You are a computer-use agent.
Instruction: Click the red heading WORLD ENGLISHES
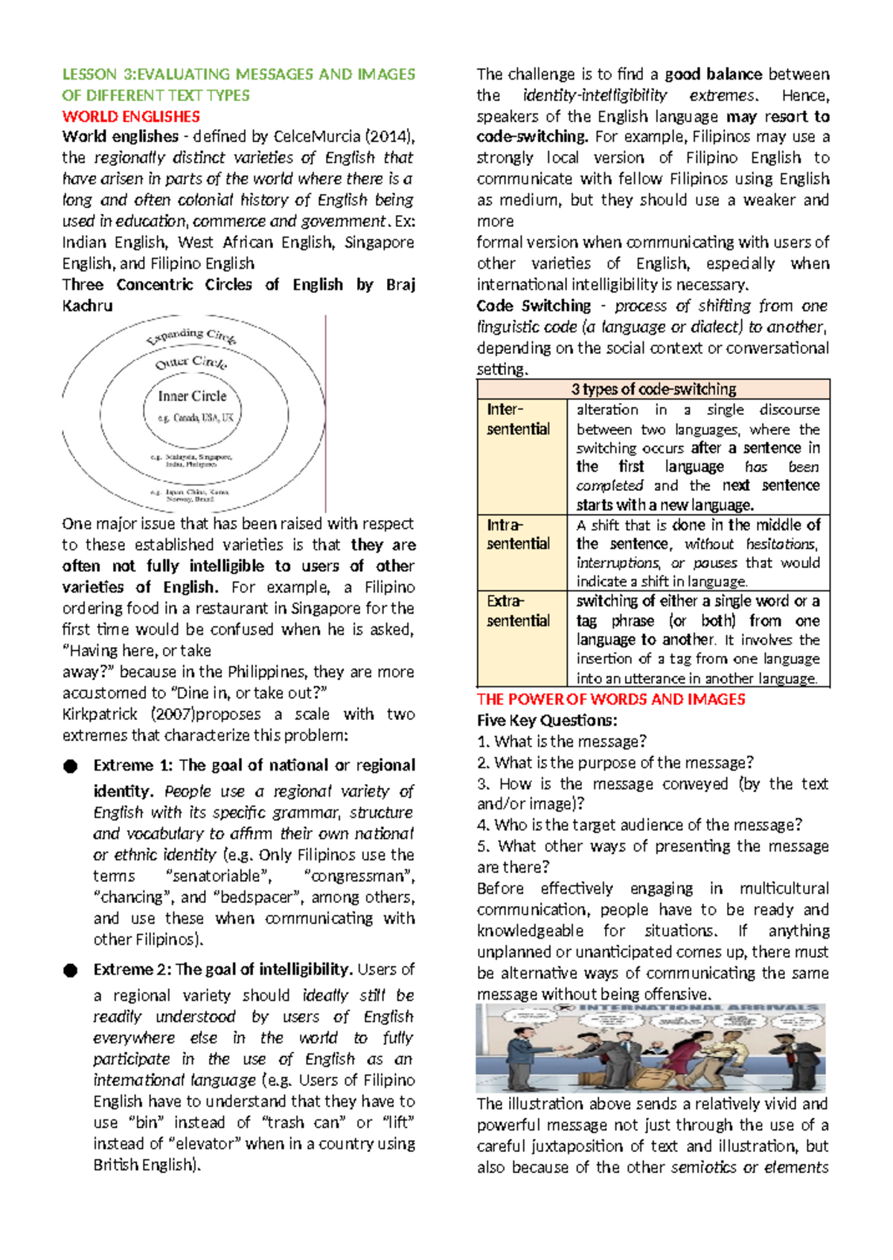click(131, 117)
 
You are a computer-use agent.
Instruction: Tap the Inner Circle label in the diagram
click(192, 396)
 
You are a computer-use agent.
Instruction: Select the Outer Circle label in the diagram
click(191, 363)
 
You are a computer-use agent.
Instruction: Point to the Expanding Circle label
click(192, 336)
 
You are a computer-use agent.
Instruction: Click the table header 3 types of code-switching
click(653, 389)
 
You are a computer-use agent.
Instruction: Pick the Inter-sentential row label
click(518, 420)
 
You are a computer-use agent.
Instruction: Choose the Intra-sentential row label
click(518, 534)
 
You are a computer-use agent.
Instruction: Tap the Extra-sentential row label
click(518, 611)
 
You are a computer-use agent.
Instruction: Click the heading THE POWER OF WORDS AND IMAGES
click(610, 699)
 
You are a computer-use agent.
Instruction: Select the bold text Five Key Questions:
click(547, 720)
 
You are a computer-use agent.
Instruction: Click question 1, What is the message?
click(562, 742)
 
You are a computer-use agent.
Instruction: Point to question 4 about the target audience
click(639, 825)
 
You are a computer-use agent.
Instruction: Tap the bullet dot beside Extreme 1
click(71, 767)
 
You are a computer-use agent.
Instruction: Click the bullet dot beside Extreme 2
click(71, 971)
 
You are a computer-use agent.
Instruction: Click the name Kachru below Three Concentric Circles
click(87, 306)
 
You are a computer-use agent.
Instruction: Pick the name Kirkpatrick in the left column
click(100, 715)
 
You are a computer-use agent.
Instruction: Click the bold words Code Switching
click(534, 306)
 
